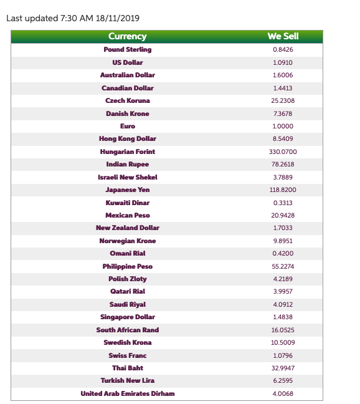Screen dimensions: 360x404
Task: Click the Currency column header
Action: click(x=127, y=36)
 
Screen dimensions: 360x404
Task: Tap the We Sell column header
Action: click(x=283, y=36)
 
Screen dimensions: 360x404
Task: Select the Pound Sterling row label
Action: click(x=127, y=50)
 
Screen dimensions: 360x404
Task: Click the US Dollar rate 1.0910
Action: click(x=283, y=63)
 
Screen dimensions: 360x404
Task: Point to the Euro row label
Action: click(x=127, y=126)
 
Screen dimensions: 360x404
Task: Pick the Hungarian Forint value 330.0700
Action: click(x=283, y=151)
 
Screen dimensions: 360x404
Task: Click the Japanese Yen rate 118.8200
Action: click(x=283, y=190)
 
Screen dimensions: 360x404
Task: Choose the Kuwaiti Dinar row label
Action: click(x=127, y=203)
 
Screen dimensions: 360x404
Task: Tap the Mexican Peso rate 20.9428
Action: click(x=283, y=215)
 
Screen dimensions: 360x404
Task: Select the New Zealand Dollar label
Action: click(x=127, y=228)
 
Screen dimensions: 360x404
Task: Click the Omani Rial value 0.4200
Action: click(x=283, y=254)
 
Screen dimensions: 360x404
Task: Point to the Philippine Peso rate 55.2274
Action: click(x=283, y=266)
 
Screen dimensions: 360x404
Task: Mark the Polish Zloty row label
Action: click(x=127, y=279)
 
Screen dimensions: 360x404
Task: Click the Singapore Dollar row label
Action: click(x=127, y=317)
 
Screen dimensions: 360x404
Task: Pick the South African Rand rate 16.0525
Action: click(x=283, y=330)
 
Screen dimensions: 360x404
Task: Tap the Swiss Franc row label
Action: click(x=127, y=355)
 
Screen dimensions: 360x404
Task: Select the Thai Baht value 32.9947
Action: click(x=283, y=368)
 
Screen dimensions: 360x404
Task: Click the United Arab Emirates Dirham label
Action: click(x=127, y=393)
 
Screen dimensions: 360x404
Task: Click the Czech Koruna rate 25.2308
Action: click(x=283, y=101)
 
